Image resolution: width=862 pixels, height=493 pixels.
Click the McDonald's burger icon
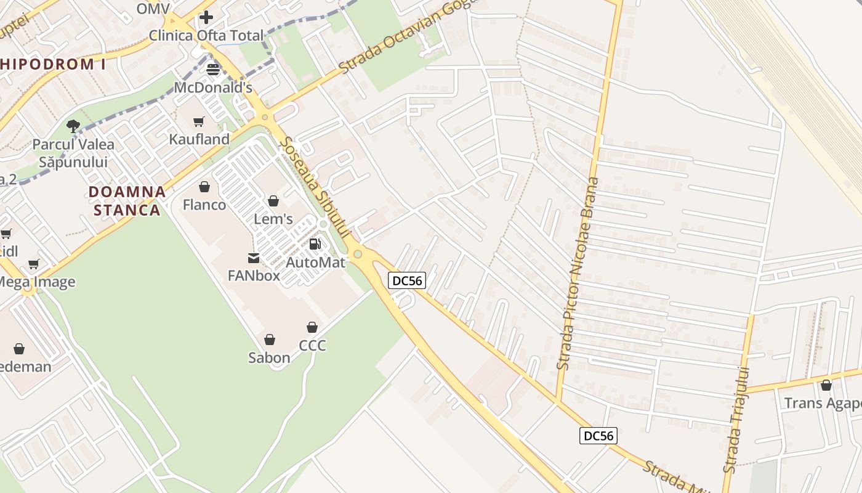coord(213,70)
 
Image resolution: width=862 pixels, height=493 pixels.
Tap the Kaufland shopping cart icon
coord(198,121)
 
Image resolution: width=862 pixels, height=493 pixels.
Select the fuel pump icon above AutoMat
coord(315,244)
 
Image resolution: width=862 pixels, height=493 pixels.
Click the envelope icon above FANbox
coord(254,258)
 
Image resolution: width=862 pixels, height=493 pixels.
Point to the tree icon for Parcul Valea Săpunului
coord(73,126)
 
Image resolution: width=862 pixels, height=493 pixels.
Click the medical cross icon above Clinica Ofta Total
coord(206,17)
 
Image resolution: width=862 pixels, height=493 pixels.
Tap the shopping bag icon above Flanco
coord(204,187)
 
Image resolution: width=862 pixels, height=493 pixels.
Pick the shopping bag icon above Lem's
coord(273,201)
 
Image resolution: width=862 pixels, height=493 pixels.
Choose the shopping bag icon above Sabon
coord(269,340)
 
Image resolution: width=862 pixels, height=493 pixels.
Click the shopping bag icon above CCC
coord(312,327)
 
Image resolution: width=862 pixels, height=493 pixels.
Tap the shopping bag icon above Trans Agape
coord(826,385)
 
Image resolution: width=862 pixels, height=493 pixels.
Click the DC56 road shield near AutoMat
coord(408,281)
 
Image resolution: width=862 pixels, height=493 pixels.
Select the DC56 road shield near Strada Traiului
coord(598,436)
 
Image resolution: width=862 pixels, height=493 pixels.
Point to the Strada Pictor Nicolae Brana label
coord(577,274)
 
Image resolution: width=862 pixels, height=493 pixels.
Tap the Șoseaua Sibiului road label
coord(315,187)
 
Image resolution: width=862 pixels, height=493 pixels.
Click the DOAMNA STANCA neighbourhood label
coord(127,201)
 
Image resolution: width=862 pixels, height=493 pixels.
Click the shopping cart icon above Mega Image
coord(34,264)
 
